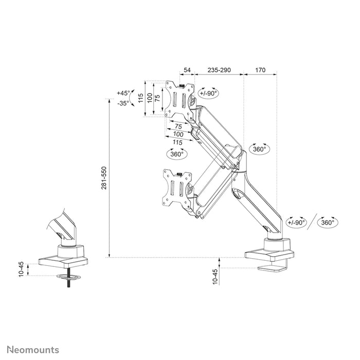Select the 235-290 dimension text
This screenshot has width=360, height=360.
tap(219, 69)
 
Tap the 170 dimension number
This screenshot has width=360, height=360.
tap(260, 69)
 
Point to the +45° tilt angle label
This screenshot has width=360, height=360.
tap(123, 93)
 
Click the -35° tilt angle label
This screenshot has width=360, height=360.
tap(123, 103)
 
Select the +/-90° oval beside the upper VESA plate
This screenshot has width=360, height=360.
tap(208, 93)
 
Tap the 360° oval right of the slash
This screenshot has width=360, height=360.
tap(328, 222)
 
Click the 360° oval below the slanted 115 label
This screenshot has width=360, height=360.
tap(176, 153)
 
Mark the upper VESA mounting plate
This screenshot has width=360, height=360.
tap(180, 99)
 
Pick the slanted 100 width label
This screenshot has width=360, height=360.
tap(177, 134)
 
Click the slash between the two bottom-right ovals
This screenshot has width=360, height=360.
tap(312, 222)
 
